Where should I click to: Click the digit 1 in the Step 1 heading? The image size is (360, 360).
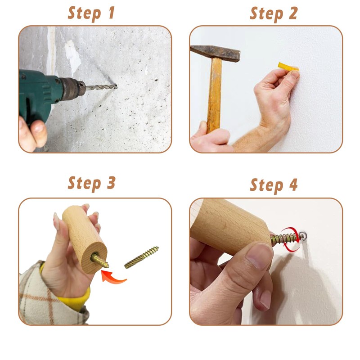(x=112, y=13)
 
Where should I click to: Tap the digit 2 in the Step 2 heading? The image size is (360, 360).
(x=293, y=13)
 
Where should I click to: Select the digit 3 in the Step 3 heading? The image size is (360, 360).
(x=111, y=183)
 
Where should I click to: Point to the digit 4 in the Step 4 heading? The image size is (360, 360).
(x=293, y=185)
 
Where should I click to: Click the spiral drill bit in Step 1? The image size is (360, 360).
(x=102, y=87)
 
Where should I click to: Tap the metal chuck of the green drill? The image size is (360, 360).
(x=73, y=89)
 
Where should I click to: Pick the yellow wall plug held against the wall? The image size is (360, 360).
(x=288, y=67)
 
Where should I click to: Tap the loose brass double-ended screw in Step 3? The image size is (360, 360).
(x=141, y=257)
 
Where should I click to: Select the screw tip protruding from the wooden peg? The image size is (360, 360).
(x=100, y=261)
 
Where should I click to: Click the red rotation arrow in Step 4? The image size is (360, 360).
(x=291, y=239)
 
